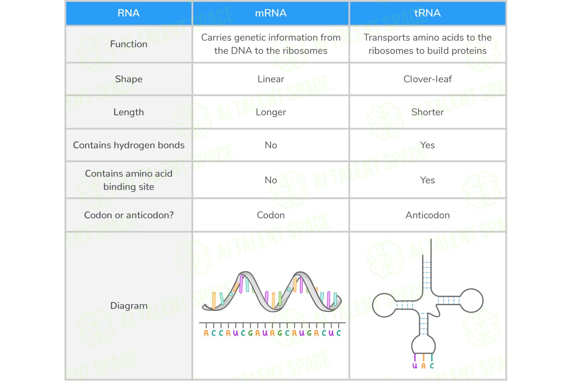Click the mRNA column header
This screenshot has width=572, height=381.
point(271,13)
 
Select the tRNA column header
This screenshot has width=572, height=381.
point(427,13)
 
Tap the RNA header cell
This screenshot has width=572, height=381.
point(129,13)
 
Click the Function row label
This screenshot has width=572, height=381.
point(129,44)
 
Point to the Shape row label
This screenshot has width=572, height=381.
point(129,79)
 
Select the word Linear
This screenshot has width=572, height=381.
point(271,79)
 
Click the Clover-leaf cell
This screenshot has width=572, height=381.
point(427,79)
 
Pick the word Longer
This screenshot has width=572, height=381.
point(271,112)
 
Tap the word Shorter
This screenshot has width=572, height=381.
point(427,112)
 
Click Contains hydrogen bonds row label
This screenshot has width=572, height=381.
point(129,145)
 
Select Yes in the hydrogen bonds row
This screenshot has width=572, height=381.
point(427,145)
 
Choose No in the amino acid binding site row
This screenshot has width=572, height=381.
point(271,180)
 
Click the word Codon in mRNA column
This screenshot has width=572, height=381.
point(271,215)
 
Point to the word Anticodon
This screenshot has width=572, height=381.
point(427,215)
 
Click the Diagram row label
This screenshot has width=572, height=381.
point(129,306)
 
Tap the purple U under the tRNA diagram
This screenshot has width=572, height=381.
point(415,366)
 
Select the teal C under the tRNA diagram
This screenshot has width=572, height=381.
point(432,366)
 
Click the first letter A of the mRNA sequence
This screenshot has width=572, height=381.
point(206,333)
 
